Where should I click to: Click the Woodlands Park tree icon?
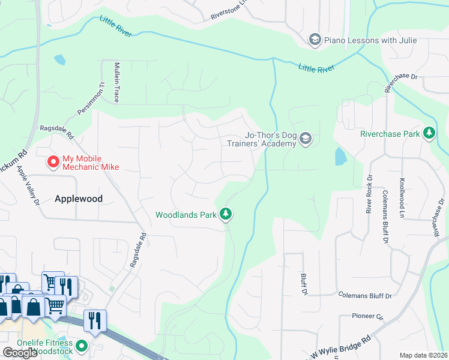226,214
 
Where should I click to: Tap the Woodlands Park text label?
185,214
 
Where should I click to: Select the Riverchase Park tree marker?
429,133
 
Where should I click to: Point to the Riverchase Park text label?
390,134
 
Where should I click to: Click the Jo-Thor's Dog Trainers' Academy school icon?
306,139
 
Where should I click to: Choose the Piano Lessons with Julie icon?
314,40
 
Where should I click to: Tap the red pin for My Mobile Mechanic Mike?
53,161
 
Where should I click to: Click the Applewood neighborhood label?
79,199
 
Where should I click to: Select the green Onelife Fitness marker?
82,346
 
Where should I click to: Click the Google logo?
20,353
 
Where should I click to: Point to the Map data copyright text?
424,355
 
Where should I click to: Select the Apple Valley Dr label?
28,185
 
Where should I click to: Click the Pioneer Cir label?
367,316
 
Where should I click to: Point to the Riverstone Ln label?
229,11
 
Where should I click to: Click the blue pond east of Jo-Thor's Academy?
340,157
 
